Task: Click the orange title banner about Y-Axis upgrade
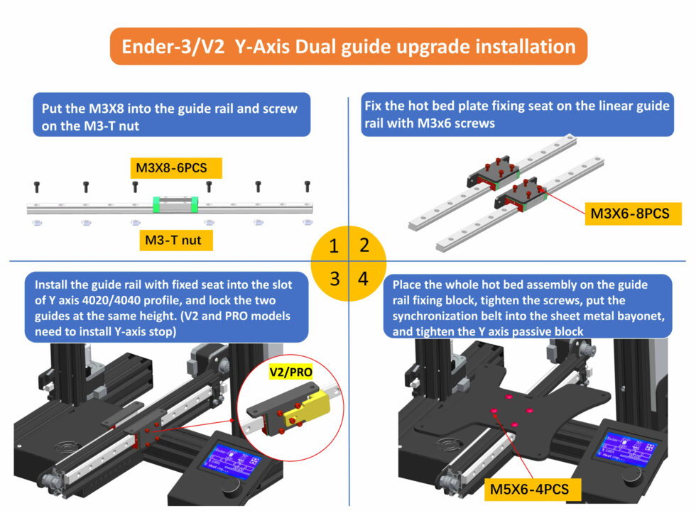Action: point(348,47)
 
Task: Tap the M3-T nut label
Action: point(173,240)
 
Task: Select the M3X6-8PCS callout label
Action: point(632,213)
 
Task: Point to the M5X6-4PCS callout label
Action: point(532,489)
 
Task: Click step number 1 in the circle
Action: point(333,247)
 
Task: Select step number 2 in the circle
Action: point(364,247)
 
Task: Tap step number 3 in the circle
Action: point(333,278)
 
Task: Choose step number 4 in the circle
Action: point(364,278)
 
